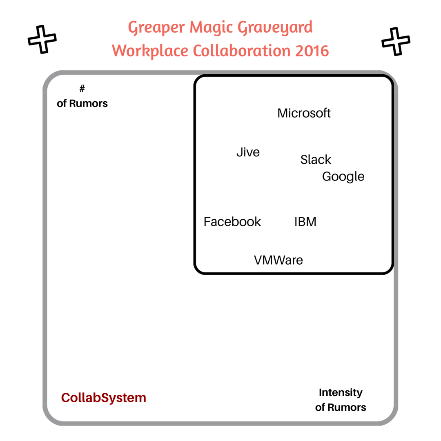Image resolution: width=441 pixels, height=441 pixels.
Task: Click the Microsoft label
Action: (x=304, y=113)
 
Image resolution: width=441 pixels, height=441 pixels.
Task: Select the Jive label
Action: (x=248, y=152)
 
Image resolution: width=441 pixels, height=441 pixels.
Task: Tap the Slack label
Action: (x=316, y=160)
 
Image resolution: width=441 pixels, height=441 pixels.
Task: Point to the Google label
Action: (x=343, y=177)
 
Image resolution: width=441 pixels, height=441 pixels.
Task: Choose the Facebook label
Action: (x=232, y=222)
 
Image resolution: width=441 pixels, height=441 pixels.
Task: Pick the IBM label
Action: (x=305, y=222)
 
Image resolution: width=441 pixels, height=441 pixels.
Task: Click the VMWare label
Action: (x=278, y=260)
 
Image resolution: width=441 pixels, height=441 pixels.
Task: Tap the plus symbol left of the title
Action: (x=42, y=39)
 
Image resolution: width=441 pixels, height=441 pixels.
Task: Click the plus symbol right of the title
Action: (x=395, y=41)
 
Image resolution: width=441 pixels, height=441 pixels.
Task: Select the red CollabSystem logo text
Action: (x=103, y=398)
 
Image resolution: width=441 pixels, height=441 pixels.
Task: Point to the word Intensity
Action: (x=341, y=393)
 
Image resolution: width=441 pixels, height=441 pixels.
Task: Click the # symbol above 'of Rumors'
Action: (x=82, y=89)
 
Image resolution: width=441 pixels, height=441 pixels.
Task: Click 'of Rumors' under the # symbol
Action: (x=82, y=104)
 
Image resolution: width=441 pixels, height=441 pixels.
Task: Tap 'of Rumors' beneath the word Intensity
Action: (x=341, y=408)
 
